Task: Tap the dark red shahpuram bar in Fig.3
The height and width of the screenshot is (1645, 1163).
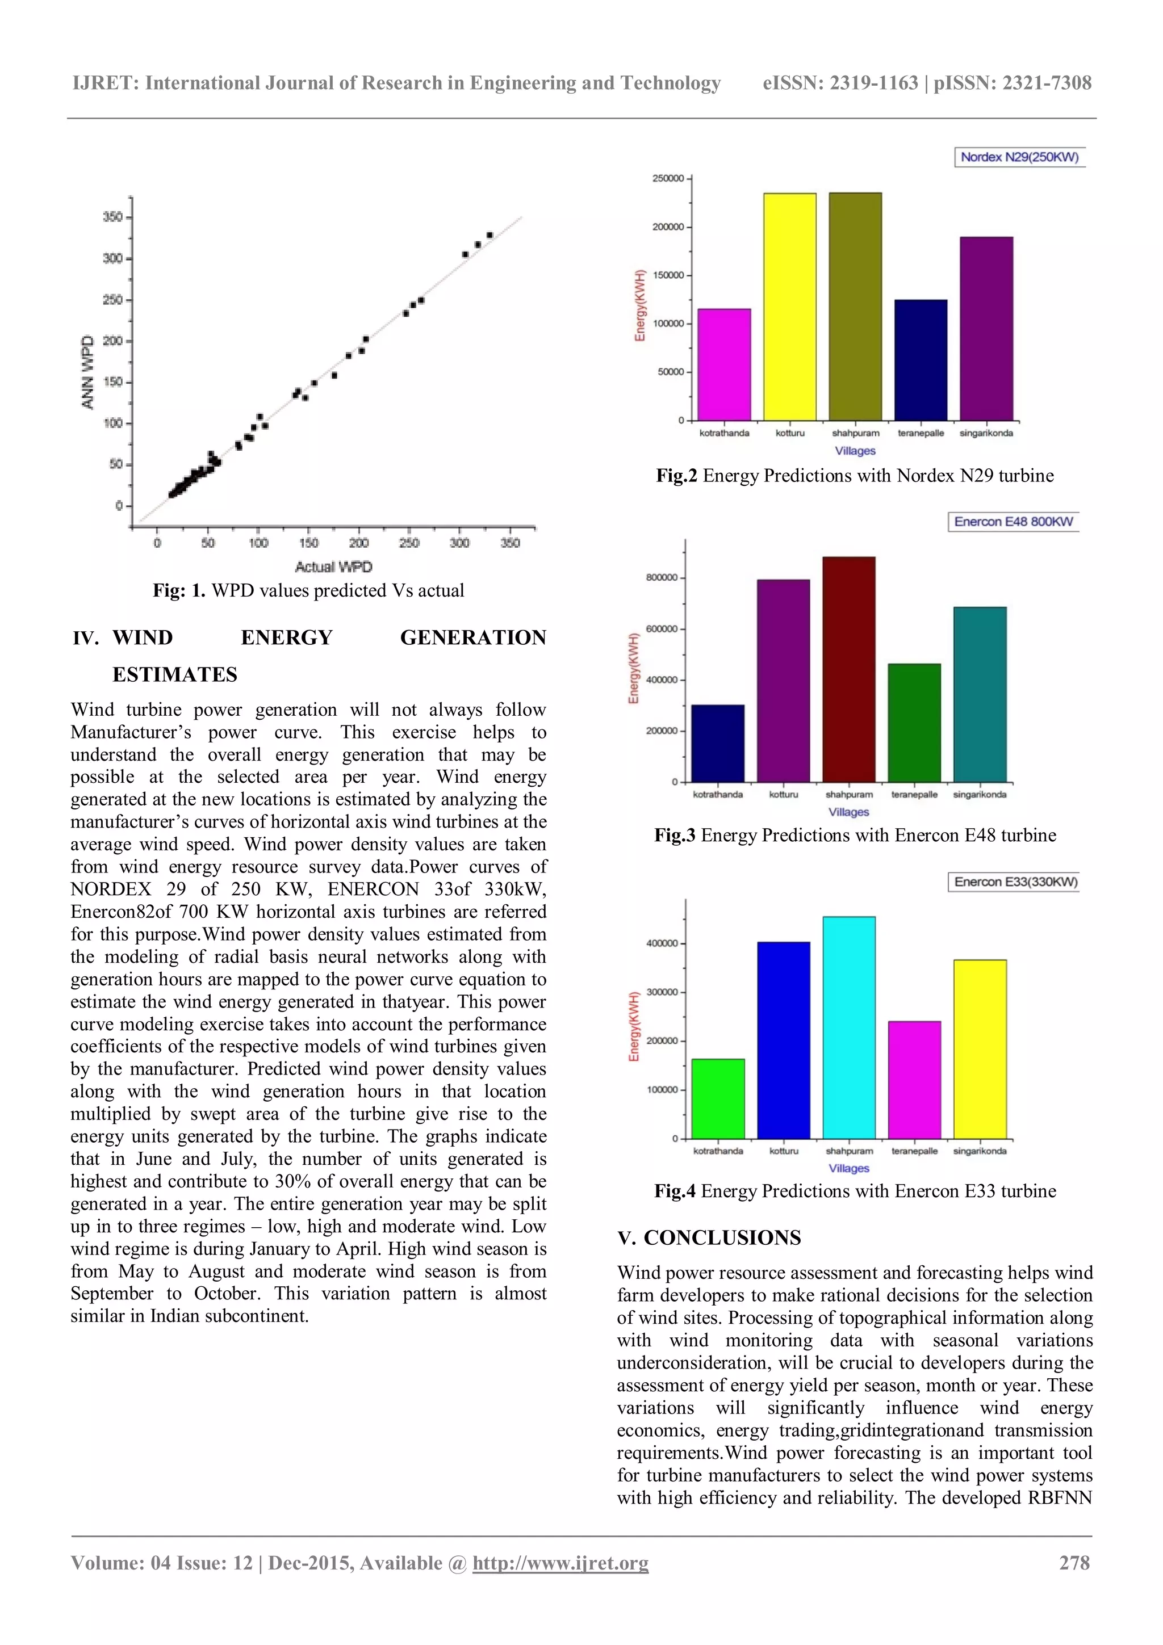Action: coord(848,669)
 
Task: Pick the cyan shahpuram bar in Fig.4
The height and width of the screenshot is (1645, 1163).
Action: coord(848,1027)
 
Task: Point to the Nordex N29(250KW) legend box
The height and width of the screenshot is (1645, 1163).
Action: coord(1019,157)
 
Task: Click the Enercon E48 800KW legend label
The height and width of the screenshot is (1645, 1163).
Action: coord(1013,522)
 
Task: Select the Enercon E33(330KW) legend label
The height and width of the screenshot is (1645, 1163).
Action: coord(1015,882)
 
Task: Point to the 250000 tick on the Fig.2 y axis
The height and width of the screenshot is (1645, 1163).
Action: coord(667,178)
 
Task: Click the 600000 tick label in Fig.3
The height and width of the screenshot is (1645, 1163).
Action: coord(660,629)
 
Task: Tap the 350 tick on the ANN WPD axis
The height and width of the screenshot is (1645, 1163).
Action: coord(112,217)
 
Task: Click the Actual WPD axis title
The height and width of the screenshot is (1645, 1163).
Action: coord(333,566)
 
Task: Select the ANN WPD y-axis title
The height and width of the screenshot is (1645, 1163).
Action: coord(88,372)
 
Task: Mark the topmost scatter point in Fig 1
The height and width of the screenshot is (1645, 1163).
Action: coord(490,235)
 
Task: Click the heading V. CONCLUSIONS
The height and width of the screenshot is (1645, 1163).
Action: coord(709,1238)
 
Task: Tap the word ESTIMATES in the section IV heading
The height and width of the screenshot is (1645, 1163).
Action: coord(174,674)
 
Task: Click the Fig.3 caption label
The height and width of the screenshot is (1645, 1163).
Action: coord(673,836)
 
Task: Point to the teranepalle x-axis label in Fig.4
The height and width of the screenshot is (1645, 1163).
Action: coord(914,1151)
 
